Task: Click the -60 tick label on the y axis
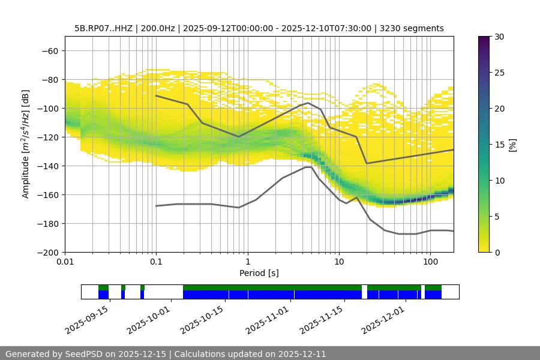[x=49, y=50]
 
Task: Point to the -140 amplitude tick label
[x=47, y=166]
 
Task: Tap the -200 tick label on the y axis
[x=47, y=252]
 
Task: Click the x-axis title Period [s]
[x=259, y=274]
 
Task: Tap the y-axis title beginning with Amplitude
[x=26, y=144]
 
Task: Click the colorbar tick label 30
[x=500, y=37]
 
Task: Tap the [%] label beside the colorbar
[x=512, y=145]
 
